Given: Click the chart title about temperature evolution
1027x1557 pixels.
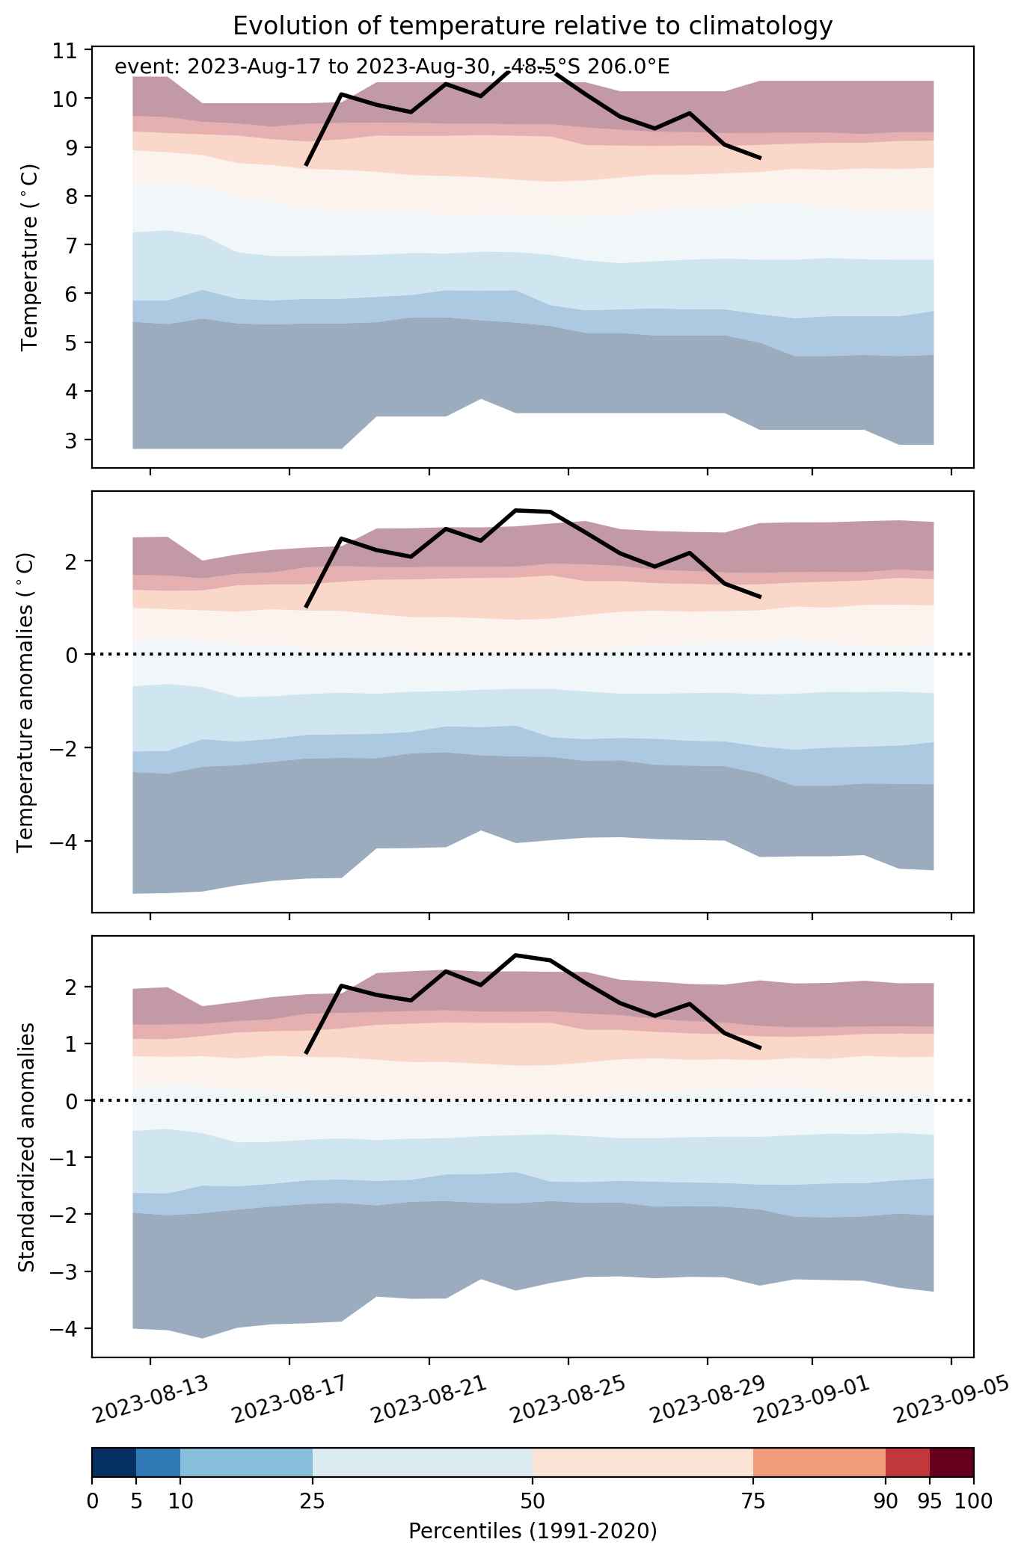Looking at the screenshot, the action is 533,26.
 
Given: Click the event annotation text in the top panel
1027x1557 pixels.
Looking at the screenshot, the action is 392,67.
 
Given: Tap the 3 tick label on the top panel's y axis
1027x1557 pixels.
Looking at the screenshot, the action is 70,440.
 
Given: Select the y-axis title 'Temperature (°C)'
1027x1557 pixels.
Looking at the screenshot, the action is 29,258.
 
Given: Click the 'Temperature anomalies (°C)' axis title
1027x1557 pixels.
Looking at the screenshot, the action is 25,702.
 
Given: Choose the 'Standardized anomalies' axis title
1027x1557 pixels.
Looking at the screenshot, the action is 25,1147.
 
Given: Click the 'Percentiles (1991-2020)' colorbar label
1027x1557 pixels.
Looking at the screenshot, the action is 533,1532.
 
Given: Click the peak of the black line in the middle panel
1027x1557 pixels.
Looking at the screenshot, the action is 516,510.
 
